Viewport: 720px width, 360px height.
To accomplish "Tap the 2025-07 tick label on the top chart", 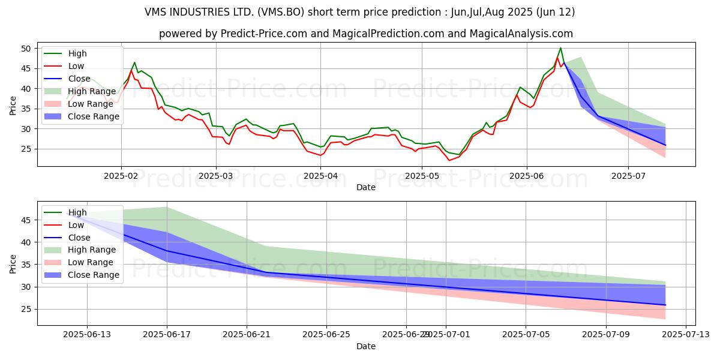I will tap(628, 175).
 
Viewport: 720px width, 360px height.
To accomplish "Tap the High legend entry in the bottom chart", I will tap(77, 212).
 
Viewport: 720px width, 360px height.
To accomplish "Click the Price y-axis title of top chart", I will tap(13, 105).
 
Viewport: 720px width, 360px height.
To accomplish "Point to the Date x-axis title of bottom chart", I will tap(366, 346).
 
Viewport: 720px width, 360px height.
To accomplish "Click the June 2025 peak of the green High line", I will tap(560, 48).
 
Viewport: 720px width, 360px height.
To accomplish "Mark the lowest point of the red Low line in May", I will tap(449, 160).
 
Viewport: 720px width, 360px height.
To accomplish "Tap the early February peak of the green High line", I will tap(134, 62).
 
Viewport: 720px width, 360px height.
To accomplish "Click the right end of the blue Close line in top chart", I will tap(665, 145).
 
